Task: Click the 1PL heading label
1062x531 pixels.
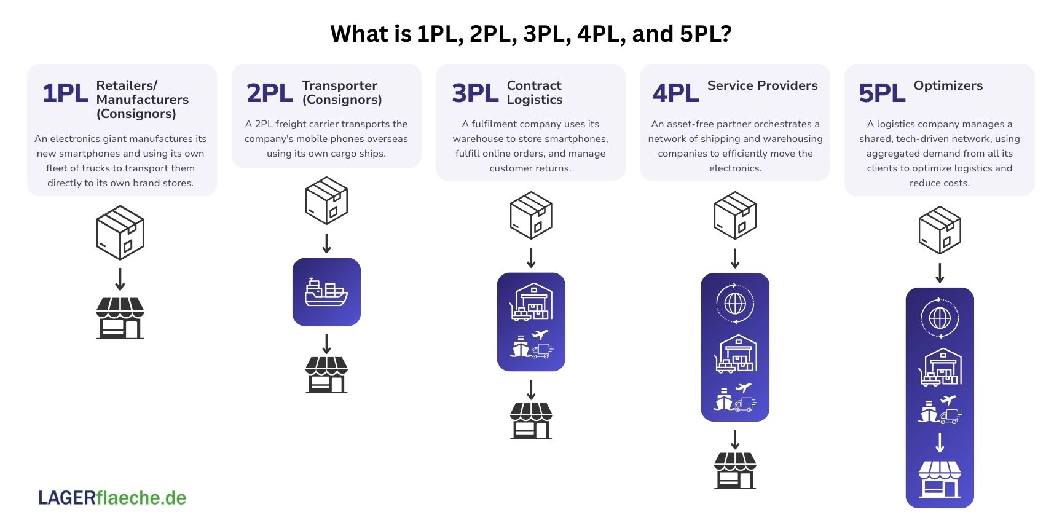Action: (65, 93)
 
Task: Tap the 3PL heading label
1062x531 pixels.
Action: (474, 93)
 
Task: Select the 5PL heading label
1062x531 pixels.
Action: (882, 93)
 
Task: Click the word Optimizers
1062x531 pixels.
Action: (948, 85)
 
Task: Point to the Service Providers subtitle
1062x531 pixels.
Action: (762, 85)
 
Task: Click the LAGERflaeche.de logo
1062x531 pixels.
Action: (112, 497)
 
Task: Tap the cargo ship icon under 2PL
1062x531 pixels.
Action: (326, 292)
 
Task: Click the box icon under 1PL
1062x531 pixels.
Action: (120, 233)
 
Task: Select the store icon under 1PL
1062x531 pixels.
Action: (120, 318)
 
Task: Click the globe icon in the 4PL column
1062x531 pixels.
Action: (735, 304)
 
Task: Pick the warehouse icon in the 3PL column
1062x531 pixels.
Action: (532, 302)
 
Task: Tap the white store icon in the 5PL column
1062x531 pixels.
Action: (939, 479)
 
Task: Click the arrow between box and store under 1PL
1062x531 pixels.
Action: (120, 278)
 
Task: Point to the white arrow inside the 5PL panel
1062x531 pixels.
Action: (939, 442)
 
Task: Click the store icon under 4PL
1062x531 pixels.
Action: (735, 470)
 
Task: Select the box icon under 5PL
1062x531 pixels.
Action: (939, 230)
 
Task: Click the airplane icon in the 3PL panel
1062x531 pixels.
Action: (540, 335)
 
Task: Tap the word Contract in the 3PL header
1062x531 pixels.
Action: (533, 85)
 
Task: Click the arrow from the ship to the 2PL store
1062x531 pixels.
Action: (326, 344)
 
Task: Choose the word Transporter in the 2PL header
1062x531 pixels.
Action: (339, 85)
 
